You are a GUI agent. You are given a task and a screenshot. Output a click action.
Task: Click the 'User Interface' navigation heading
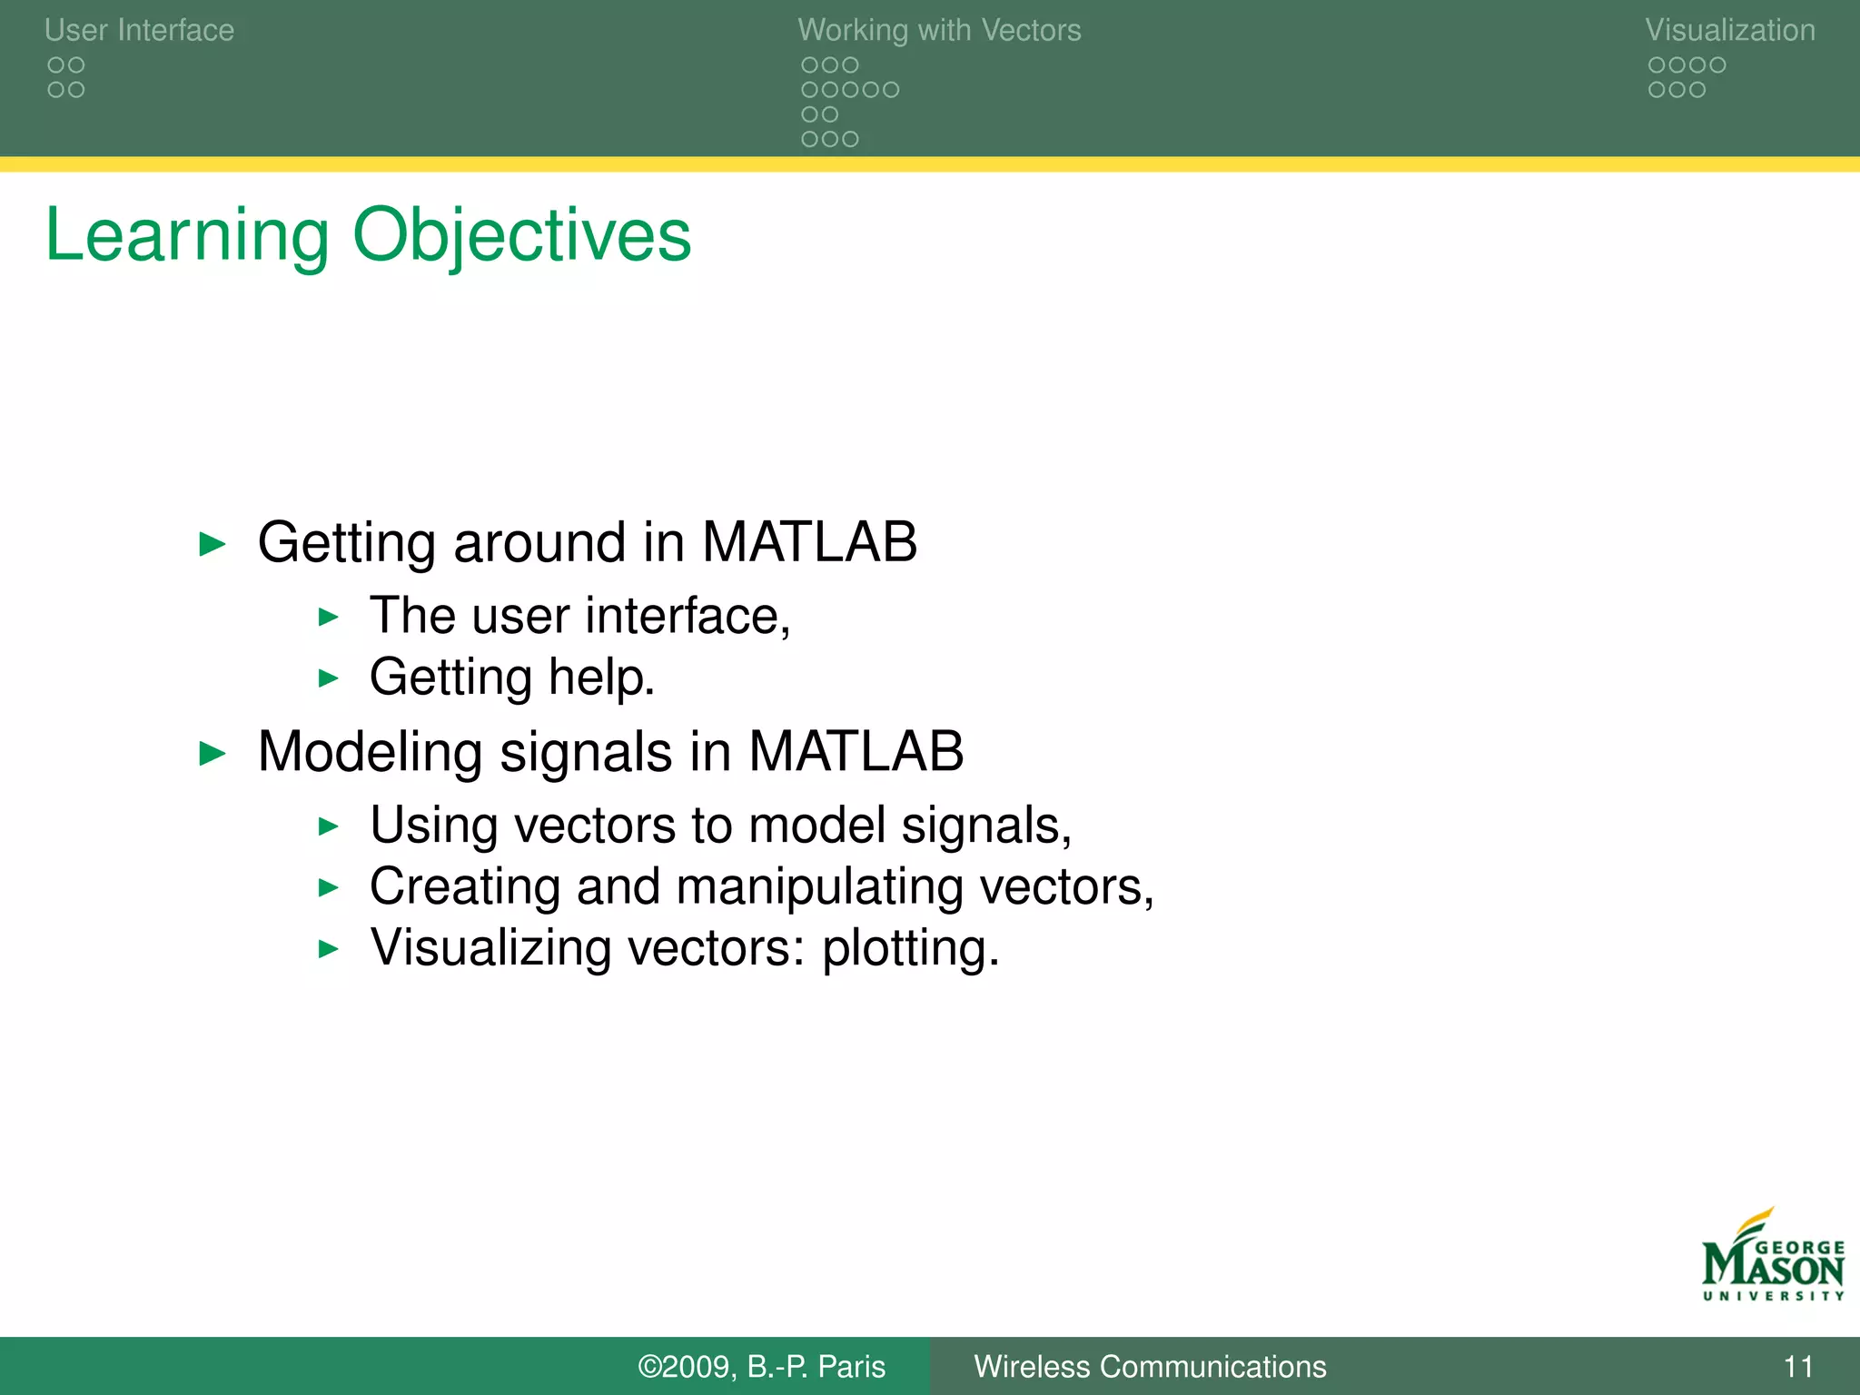point(139,30)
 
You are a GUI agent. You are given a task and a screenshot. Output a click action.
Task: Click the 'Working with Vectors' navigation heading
point(939,30)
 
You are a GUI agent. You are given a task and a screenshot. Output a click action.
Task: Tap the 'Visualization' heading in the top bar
point(1729,30)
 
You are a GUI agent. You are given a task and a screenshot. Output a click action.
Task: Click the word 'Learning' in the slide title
point(186,236)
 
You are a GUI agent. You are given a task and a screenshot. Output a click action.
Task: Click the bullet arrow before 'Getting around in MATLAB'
point(212,544)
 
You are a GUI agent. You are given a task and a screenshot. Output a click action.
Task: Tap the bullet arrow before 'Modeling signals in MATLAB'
point(212,753)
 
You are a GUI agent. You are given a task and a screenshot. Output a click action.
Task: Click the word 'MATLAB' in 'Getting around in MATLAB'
point(809,542)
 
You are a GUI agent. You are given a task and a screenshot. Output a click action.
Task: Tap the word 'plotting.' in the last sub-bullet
point(910,949)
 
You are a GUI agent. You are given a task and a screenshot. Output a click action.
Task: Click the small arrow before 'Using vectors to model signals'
point(329,826)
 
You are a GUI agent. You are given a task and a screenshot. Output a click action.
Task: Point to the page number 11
point(1798,1366)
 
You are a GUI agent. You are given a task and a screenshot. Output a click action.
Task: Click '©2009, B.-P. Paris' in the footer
point(761,1366)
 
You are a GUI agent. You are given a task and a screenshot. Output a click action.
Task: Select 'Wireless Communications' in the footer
point(1150,1366)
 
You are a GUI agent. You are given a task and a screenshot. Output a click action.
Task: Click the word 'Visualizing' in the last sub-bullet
point(490,949)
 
